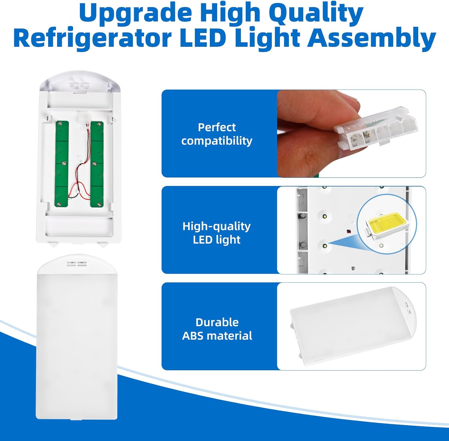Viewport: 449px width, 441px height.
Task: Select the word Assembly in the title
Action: pos(371,38)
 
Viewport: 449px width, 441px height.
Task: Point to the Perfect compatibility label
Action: pos(217,134)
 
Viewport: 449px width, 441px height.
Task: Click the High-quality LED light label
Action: pos(217,233)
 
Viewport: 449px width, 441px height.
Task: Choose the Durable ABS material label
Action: pos(217,329)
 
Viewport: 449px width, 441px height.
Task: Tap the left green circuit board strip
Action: pos(62,164)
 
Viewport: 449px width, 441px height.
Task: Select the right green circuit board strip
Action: pos(97,164)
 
